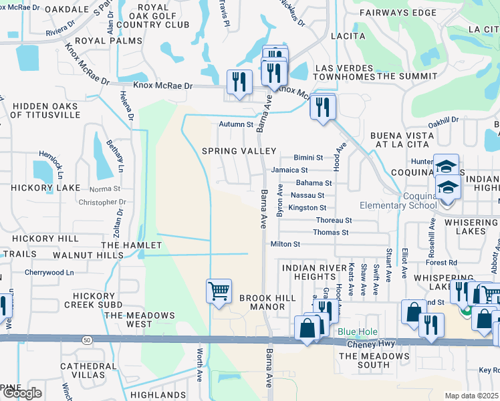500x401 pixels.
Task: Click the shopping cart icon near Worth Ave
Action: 219,291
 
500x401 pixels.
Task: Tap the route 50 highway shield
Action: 88,340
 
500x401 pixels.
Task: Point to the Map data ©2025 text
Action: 472,396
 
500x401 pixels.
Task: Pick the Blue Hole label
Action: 358,332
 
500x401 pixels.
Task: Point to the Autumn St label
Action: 237,124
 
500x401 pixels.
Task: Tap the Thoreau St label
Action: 334,220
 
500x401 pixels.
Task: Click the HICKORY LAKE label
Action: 32,189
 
